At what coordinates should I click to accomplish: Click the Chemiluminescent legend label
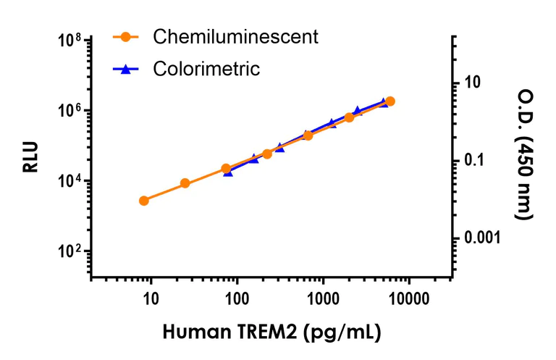[235, 36]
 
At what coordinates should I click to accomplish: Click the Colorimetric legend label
[206, 69]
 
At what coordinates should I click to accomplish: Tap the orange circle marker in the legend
[125, 36]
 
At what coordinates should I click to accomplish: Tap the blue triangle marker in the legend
[125, 69]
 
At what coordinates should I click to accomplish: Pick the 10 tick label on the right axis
[472, 83]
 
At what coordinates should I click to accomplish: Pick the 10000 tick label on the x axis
[409, 298]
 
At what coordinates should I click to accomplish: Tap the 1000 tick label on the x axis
[323, 298]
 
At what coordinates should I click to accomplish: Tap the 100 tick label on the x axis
[237, 298]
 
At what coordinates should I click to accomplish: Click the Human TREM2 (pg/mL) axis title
[271, 332]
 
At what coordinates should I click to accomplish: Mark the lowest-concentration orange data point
[144, 201]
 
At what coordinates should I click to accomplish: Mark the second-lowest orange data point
[185, 183]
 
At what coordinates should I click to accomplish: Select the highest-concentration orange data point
[390, 101]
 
